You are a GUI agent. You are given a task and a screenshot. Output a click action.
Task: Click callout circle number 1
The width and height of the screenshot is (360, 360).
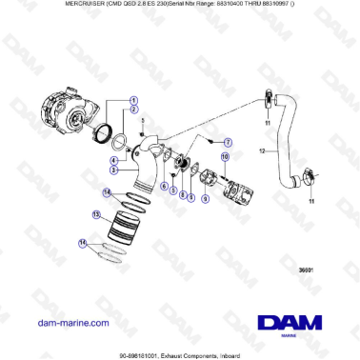click(134, 99)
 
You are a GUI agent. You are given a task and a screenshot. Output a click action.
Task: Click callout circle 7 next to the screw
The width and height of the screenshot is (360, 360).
click(228, 141)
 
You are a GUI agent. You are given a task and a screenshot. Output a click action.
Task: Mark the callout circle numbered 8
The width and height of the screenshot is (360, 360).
click(182, 194)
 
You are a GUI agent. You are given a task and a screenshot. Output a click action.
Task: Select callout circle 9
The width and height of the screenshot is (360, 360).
click(191, 197)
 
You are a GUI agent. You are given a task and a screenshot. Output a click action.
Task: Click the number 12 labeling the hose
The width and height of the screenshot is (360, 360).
click(262, 150)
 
